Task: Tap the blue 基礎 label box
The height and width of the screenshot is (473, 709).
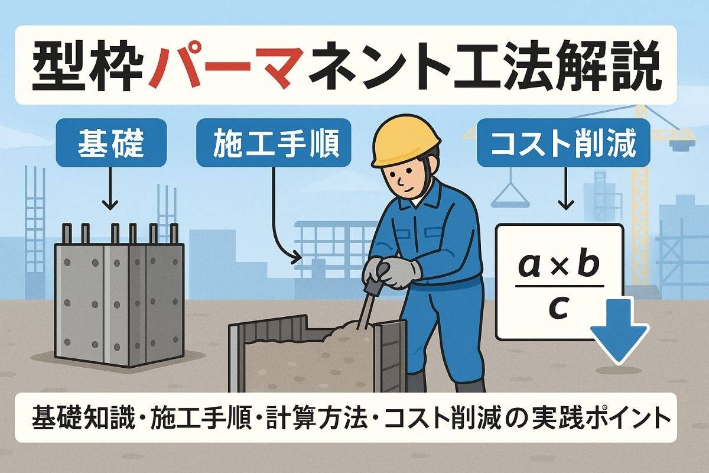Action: click(111, 143)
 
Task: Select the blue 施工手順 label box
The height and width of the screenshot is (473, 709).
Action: click(274, 143)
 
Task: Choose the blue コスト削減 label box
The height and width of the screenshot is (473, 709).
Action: click(564, 143)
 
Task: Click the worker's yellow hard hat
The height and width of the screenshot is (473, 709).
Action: click(406, 140)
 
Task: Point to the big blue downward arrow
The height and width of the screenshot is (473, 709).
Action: click(618, 332)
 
